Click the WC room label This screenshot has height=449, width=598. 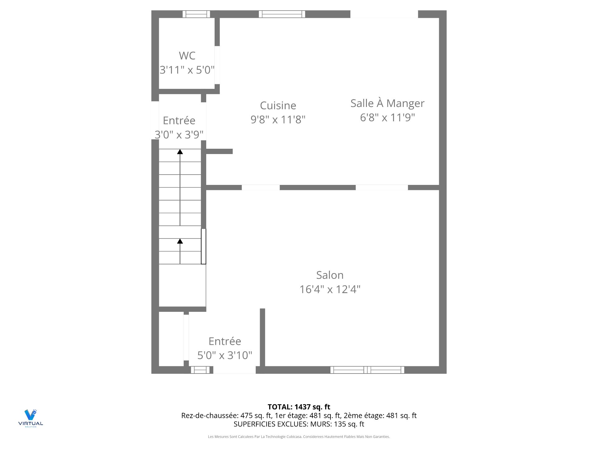[187, 56]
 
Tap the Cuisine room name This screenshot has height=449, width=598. [278, 106]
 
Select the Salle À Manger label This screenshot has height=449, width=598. [387, 103]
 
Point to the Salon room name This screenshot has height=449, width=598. [330, 275]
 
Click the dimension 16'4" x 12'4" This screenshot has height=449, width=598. [330, 289]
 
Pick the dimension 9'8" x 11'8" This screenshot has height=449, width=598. [278, 119]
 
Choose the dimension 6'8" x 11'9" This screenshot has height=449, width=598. [387, 118]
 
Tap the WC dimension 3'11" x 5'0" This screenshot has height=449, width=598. [187, 70]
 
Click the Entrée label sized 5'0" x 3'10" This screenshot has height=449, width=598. [225, 341]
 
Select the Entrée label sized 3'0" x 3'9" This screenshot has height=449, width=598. [179, 121]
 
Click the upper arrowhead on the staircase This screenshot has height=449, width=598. [180, 152]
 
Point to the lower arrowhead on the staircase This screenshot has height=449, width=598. [180, 241]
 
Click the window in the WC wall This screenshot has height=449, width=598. [196, 14]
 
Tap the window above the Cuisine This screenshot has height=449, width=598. [282, 14]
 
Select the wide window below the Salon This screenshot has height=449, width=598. [367, 370]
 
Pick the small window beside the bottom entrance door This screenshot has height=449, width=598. [200, 370]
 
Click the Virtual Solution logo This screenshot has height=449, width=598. [31, 418]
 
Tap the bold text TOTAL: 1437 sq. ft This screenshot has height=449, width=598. [299, 407]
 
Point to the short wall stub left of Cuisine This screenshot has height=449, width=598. [219, 152]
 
